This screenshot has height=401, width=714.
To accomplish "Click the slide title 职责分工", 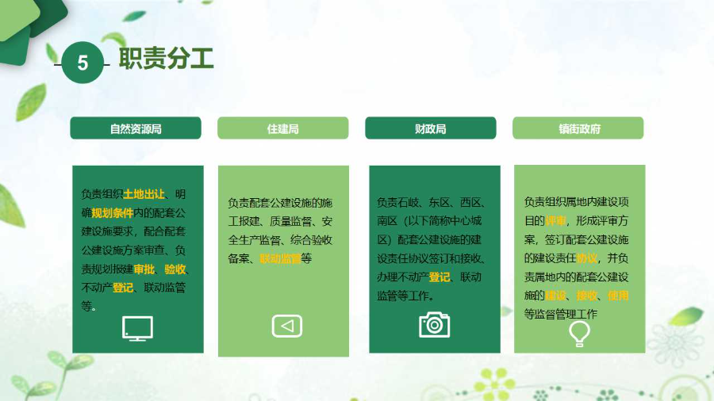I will [166, 59].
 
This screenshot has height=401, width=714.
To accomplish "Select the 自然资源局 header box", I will [136, 128].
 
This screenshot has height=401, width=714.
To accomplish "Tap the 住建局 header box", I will [282, 128].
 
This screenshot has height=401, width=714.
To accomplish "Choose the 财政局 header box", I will [430, 128].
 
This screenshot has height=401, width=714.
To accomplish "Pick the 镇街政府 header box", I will [578, 128].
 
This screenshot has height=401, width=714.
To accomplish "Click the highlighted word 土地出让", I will [144, 193].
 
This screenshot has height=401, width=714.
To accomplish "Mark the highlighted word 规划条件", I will [113, 212].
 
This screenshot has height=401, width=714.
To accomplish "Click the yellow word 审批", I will [144, 269].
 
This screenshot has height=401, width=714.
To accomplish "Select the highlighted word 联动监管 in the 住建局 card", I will [280, 258].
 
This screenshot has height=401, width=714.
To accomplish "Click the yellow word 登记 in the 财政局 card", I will [440, 277].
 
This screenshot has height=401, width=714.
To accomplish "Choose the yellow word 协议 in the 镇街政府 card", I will [586, 258].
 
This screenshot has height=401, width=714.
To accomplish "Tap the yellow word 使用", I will [617, 296].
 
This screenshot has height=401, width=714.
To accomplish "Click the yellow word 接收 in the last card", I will [586, 296].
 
